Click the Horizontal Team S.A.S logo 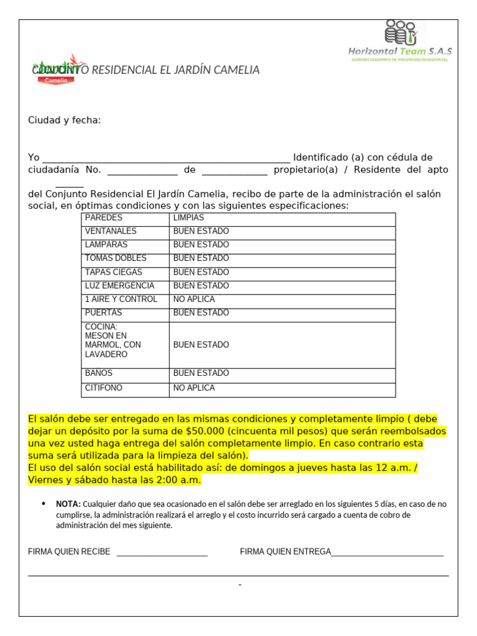tap(400, 41)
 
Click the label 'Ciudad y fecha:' tap(64, 120)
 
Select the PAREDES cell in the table tap(104, 218)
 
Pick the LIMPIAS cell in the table tap(189, 218)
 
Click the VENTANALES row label tap(111, 232)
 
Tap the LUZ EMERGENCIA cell tap(119, 286)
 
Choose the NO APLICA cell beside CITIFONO tap(194, 388)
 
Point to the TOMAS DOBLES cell tap(116, 258)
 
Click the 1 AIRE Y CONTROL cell tap(121, 299)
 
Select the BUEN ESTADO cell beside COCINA tap(201, 345)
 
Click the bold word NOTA tap(68, 504)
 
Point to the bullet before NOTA tap(43, 503)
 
